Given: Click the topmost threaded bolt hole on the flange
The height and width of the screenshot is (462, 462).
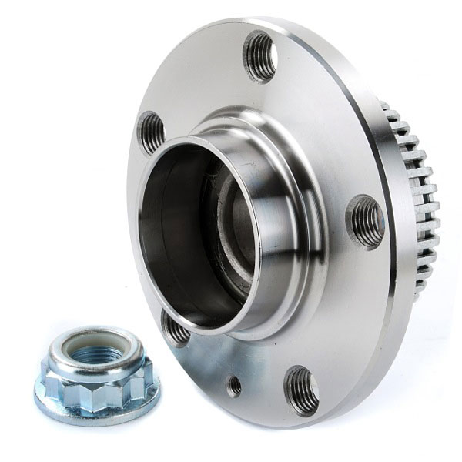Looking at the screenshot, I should [259, 55].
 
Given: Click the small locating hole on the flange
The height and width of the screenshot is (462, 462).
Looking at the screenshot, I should [234, 385].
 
